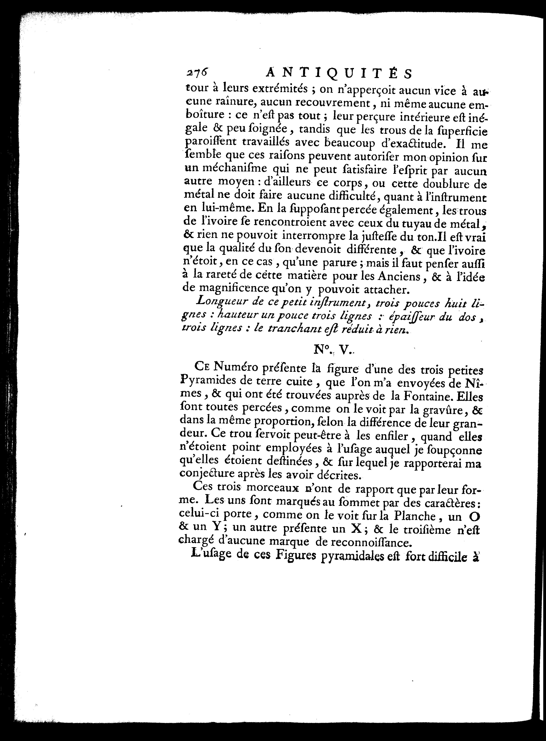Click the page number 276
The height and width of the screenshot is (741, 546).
(x=198, y=72)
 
